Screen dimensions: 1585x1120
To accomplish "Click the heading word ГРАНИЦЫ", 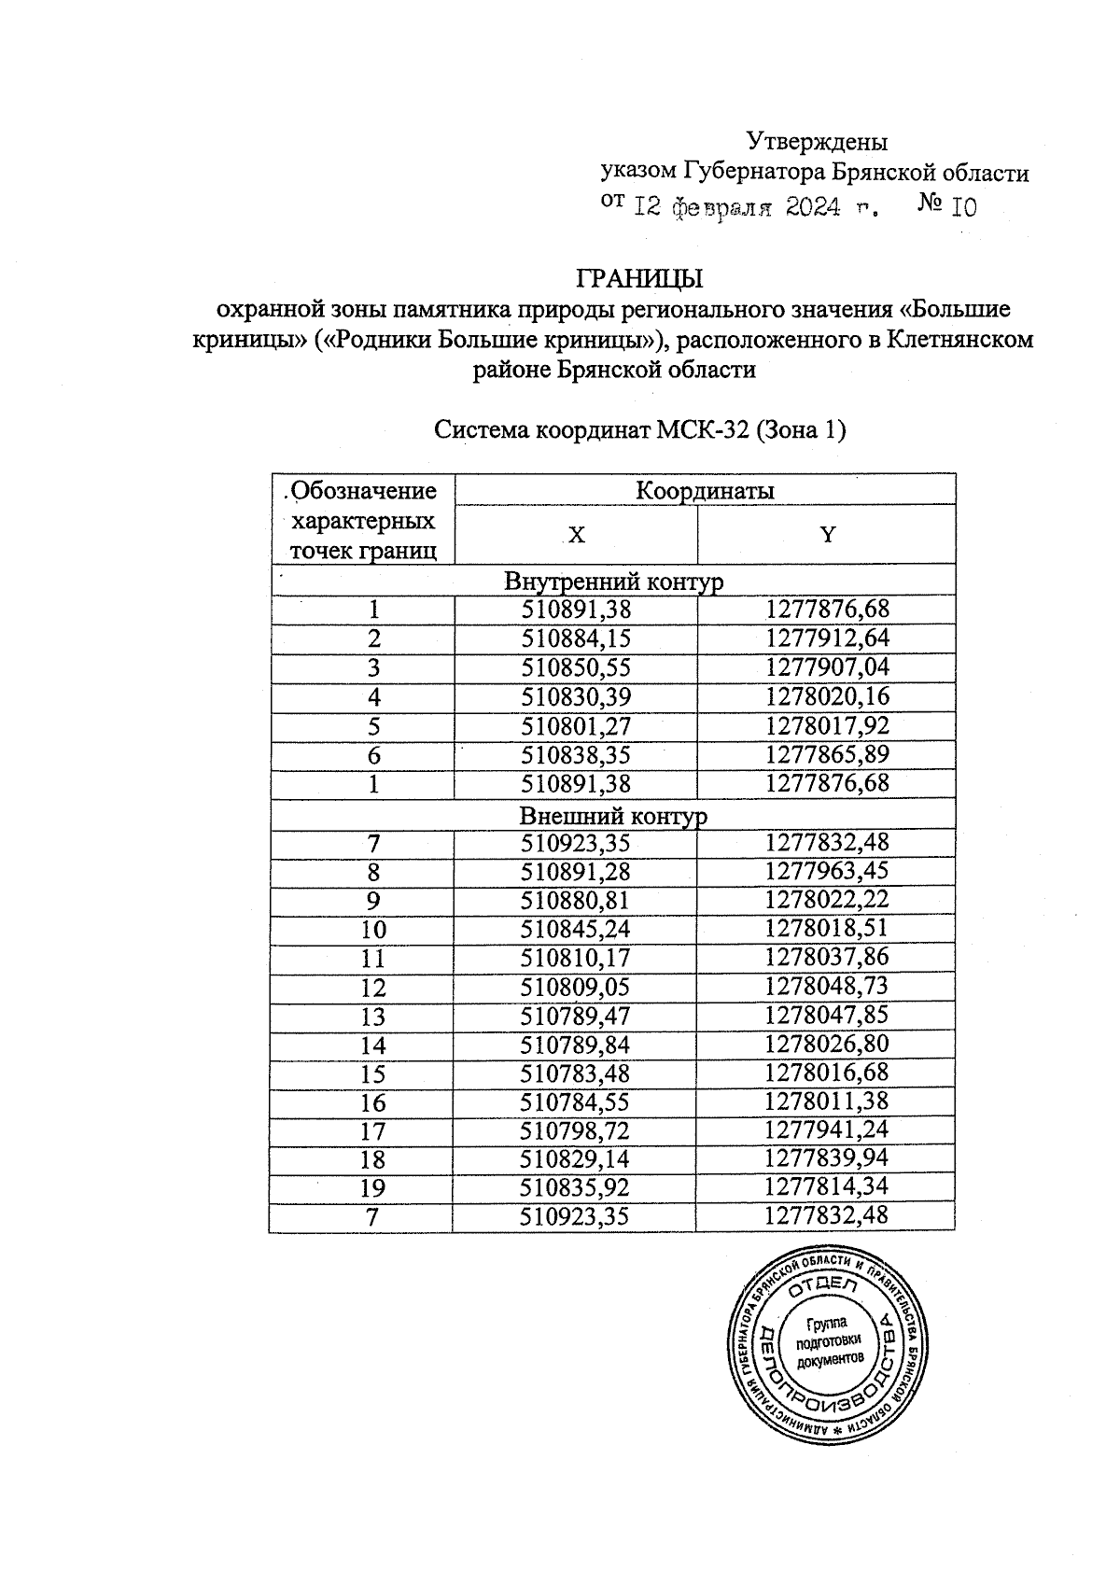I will (x=639, y=278).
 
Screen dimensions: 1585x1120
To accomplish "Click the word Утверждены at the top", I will (x=817, y=142).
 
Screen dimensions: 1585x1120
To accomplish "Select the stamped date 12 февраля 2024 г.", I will (x=756, y=207).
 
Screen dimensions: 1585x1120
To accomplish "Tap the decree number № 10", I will (x=947, y=205).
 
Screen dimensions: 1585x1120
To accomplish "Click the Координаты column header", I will (x=705, y=490).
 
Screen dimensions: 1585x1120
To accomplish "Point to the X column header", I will (x=577, y=535).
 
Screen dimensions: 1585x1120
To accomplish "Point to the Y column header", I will (x=827, y=534).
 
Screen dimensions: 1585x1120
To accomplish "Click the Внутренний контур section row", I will (x=613, y=582).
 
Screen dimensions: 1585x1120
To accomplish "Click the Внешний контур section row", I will (x=613, y=815).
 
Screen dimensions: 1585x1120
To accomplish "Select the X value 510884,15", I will (x=576, y=639).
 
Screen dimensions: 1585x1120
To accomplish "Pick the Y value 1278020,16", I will (x=827, y=697).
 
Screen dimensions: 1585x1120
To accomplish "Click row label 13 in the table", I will (x=373, y=1017).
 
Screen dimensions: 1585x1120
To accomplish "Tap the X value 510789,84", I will (x=575, y=1045).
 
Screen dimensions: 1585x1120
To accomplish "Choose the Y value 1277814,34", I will (x=827, y=1188).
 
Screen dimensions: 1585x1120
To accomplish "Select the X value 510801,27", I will (x=576, y=726).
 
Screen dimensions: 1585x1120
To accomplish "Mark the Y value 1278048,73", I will (x=827, y=988).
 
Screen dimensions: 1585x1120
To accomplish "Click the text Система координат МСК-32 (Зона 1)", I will (x=640, y=430).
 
